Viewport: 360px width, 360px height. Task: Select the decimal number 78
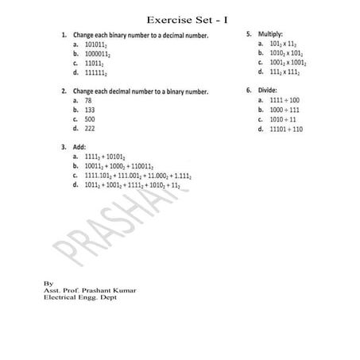coord(88,101)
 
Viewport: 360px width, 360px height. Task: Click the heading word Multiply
coord(269,35)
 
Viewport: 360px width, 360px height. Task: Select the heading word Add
coord(79,148)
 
